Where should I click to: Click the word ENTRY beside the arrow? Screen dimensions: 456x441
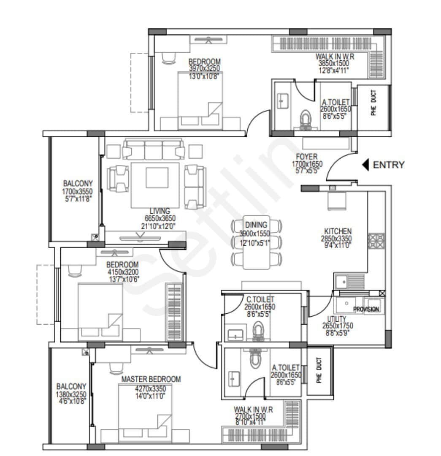[389, 165]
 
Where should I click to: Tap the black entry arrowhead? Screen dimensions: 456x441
[366, 165]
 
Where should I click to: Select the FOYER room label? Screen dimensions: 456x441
[307, 157]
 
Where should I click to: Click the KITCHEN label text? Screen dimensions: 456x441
[338, 231]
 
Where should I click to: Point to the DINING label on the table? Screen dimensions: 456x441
[256, 225]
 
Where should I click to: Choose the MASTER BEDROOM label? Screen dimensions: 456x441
[151, 379]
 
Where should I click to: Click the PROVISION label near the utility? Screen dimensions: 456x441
[366, 309]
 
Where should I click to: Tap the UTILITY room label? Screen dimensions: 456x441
[336, 319]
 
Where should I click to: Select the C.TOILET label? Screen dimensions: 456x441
[260, 300]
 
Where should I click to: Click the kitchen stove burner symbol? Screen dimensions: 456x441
[376, 240]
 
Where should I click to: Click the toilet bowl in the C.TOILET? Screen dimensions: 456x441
[258, 329]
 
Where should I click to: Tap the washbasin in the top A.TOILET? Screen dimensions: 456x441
[281, 101]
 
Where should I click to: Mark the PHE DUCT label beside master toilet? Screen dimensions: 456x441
[319, 370]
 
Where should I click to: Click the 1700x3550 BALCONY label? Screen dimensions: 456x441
[78, 191]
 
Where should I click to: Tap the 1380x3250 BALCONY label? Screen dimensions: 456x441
[71, 394]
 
